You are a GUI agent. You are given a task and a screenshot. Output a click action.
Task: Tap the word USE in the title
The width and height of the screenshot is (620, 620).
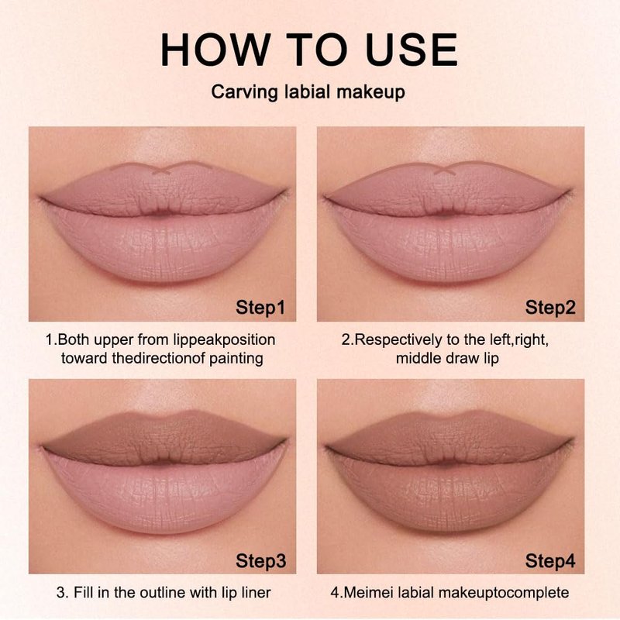[412, 50]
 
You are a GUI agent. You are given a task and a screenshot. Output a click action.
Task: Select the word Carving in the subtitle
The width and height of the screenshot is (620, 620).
[245, 92]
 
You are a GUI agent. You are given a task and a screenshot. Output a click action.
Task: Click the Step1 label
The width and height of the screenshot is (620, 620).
[260, 308]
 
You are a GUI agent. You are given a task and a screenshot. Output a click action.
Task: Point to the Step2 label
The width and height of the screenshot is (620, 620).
[550, 308]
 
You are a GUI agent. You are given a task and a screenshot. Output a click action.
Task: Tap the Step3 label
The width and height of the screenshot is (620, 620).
[260, 560]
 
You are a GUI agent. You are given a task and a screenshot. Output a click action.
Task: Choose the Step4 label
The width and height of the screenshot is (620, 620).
[550, 560]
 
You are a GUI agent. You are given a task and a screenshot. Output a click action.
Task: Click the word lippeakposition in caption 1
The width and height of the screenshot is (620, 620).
[224, 340]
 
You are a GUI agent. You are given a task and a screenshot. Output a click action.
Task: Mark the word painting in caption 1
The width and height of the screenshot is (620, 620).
[236, 359]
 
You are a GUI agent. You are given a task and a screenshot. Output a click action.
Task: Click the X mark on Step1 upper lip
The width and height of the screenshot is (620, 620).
[161, 170]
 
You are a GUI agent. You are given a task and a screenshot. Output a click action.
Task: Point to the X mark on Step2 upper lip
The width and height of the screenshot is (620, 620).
[444, 170]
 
